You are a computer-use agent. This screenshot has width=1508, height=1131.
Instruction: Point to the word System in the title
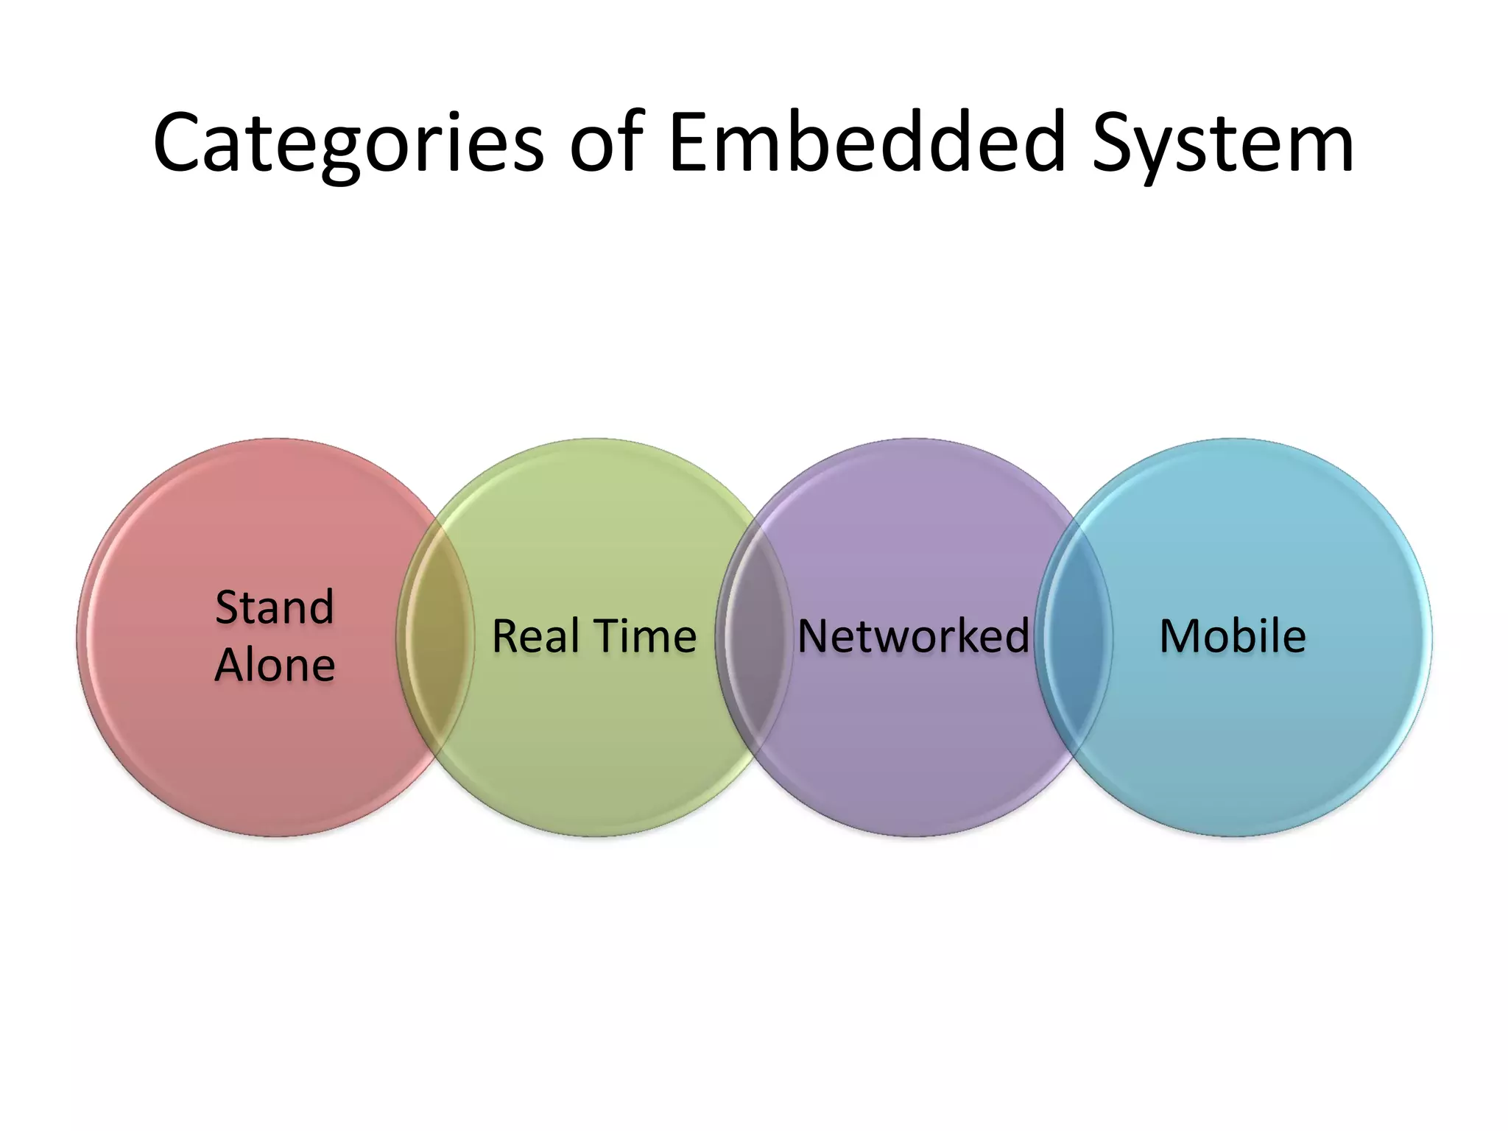pyautogui.click(x=1222, y=144)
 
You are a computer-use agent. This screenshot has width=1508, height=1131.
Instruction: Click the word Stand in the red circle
pyautogui.click(x=275, y=607)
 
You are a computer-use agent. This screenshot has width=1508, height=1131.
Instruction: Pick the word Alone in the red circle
pyautogui.click(x=275, y=666)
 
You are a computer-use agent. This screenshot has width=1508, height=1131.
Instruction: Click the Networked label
pyautogui.click(x=913, y=636)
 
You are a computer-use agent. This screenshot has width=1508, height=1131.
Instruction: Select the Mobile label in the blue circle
pyautogui.click(x=1233, y=636)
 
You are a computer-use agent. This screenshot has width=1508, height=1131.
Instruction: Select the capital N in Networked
pyautogui.click(x=814, y=636)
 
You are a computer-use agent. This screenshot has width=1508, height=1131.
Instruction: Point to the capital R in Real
pyautogui.click(x=506, y=636)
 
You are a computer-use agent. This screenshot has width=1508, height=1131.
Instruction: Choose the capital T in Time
pyautogui.click(x=607, y=636)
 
